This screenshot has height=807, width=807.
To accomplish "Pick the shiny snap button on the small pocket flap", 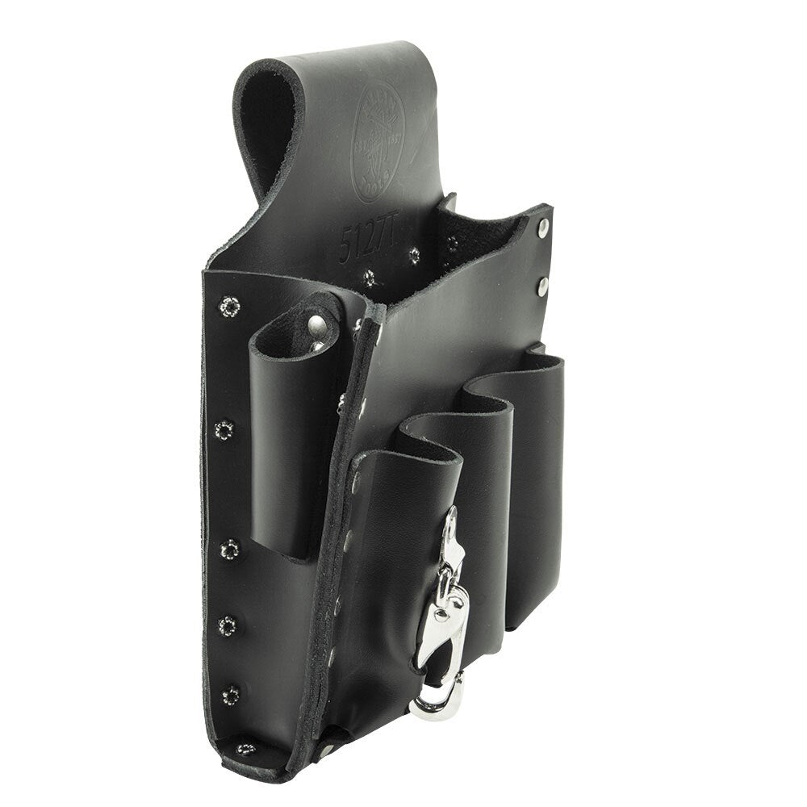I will tap(320, 324).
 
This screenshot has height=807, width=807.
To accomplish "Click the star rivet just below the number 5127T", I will tap(369, 278).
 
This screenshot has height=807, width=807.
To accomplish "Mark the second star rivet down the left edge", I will tap(224, 429).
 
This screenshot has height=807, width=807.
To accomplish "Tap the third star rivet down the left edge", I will tap(231, 550).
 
